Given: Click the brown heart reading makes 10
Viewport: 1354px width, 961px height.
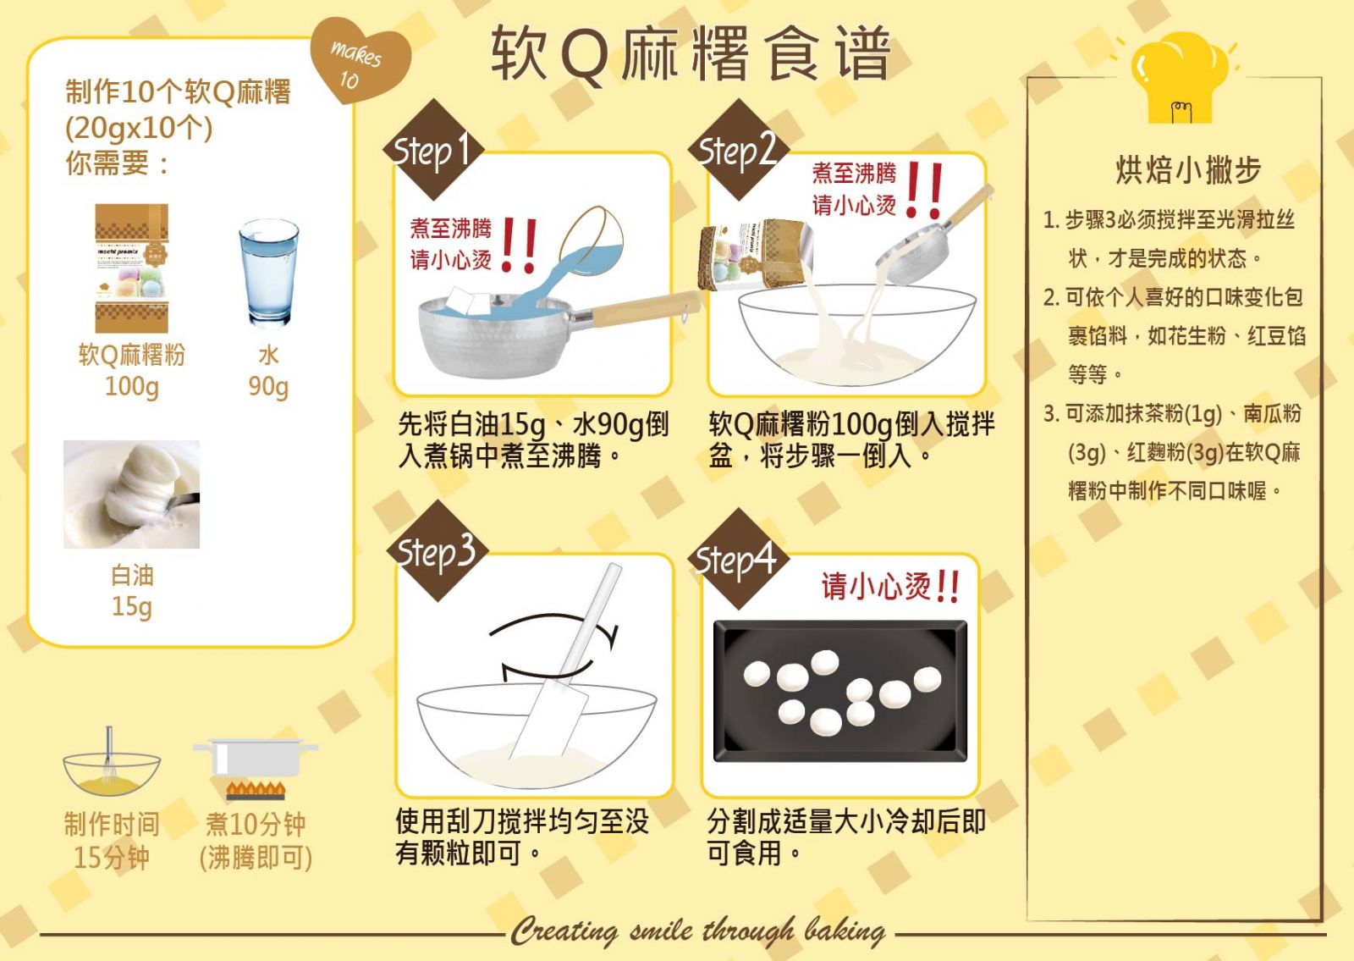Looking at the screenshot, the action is [x=361, y=59].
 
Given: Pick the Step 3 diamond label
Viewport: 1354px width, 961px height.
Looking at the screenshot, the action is [x=437, y=551].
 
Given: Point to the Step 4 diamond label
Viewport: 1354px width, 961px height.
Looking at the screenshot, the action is [x=736, y=559].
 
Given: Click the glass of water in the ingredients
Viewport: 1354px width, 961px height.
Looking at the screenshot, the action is [x=268, y=272].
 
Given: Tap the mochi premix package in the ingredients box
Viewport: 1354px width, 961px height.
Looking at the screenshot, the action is [x=132, y=268].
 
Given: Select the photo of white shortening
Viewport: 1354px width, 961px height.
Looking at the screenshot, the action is [x=132, y=494].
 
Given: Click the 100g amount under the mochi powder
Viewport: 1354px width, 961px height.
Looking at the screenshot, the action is [x=132, y=386].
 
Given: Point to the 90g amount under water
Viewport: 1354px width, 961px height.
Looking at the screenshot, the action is [x=268, y=386].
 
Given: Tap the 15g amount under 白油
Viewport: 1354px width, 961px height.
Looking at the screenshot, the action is [x=132, y=606].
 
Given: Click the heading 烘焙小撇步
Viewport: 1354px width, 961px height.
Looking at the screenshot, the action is [x=1188, y=170].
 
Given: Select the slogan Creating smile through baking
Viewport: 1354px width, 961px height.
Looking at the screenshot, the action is [x=698, y=931].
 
